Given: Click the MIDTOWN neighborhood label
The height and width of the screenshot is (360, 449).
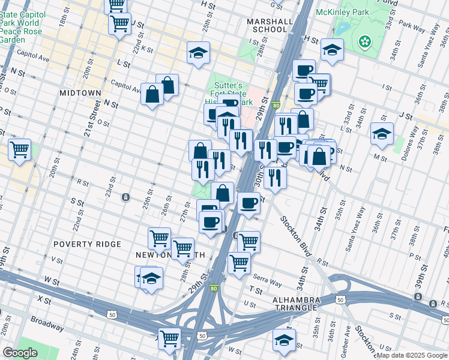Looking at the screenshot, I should tap(80, 93).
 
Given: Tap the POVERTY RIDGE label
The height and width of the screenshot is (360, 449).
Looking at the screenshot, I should tap(87, 244).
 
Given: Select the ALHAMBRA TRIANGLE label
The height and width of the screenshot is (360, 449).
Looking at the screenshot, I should tap(294, 304).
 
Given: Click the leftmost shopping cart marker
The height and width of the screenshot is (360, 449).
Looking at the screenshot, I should tap(20, 150).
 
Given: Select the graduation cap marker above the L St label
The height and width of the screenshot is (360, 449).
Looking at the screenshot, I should tap(198, 53).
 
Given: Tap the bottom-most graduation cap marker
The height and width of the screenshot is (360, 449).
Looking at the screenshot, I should tap(284, 340).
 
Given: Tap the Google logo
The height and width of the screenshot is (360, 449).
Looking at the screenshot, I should tap(20, 353).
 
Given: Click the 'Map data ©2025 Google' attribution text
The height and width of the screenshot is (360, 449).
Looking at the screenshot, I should tap(412, 355).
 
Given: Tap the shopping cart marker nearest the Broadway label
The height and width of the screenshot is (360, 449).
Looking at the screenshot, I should tap(170, 338).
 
